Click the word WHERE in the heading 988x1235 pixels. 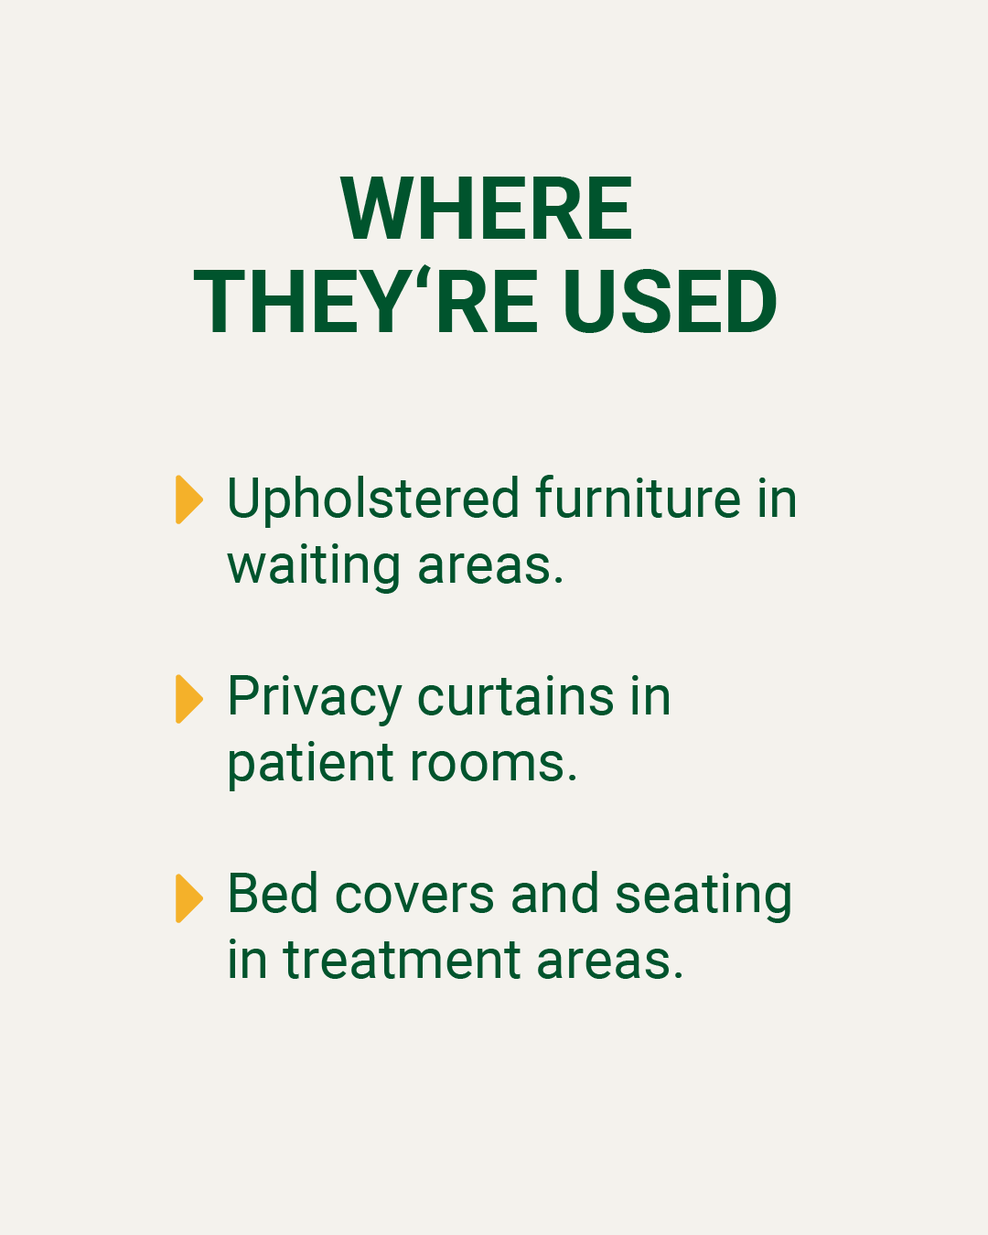[x=487, y=209]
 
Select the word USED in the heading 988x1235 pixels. [x=670, y=302]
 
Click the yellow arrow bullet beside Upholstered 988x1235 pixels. [x=189, y=499]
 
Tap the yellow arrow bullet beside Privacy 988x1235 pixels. [x=189, y=698]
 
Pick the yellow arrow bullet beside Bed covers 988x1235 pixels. [x=189, y=898]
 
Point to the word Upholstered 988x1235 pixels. [x=374, y=499]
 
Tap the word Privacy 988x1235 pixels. [x=315, y=699]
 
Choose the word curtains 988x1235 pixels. [x=516, y=696]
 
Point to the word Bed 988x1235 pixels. [x=273, y=894]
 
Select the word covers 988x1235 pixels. [x=413, y=897]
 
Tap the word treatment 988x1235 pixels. [x=402, y=961]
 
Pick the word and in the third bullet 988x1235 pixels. [x=555, y=894]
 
